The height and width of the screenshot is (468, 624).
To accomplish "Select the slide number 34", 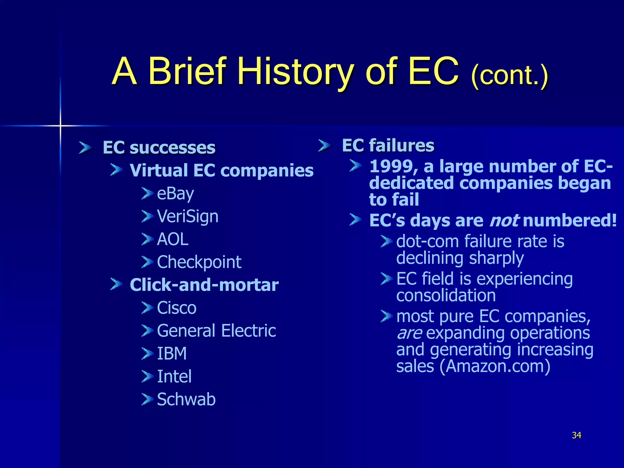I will (576, 435).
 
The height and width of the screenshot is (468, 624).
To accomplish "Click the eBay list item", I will (175, 193).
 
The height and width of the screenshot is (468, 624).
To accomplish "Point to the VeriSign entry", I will (187, 216).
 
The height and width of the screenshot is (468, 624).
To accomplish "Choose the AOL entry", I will (172, 239).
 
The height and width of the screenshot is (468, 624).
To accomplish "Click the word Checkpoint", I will (199, 262).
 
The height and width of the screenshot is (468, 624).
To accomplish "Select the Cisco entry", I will (176, 308).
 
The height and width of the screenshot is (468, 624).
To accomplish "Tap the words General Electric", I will (216, 331).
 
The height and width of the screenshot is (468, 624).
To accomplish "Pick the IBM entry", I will (172, 353).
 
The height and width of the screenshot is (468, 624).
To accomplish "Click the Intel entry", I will (174, 376).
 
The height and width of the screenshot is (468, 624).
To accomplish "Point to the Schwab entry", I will (186, 399).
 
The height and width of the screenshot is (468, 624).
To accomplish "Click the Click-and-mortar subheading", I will (204, 285).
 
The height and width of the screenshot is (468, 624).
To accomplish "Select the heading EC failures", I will (388, 145).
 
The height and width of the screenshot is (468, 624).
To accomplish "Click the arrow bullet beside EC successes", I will (85, 148).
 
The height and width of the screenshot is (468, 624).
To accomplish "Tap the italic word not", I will (504, 220).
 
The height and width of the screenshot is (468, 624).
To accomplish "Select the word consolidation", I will (446, 296).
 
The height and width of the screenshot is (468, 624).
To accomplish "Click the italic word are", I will (409, 333).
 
